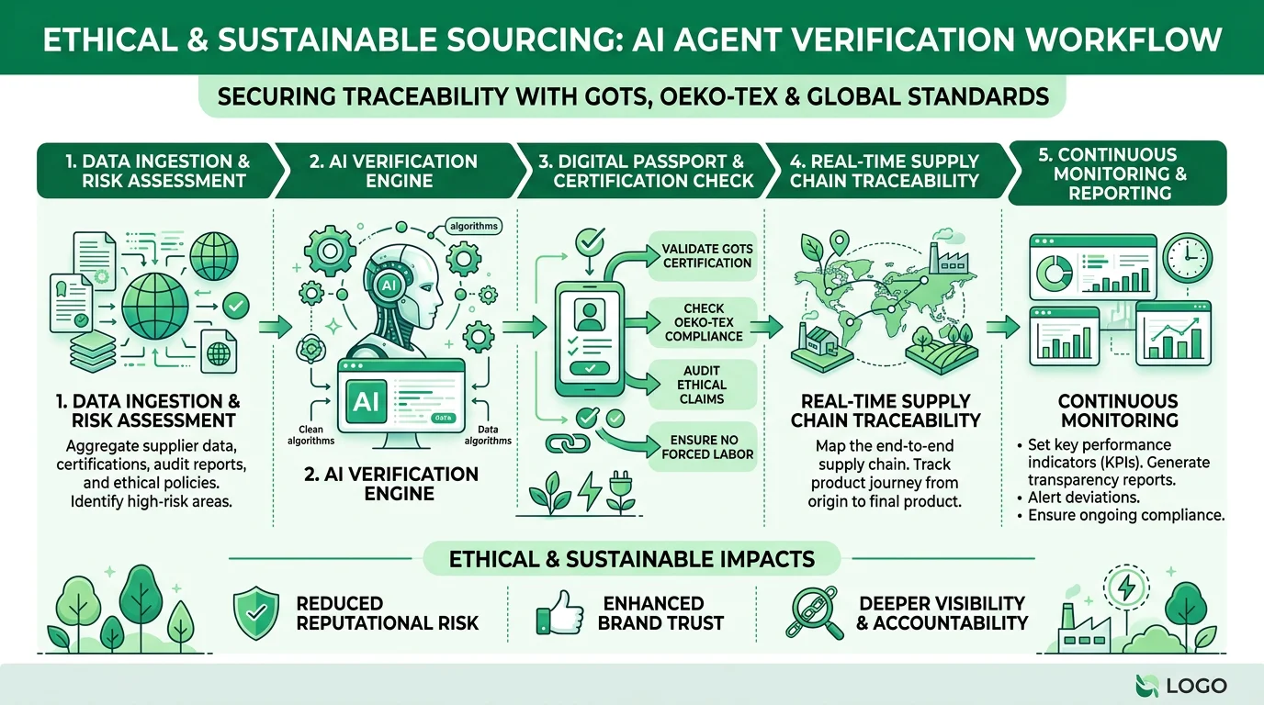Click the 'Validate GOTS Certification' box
click(703, 255)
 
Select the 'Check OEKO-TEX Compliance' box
click(703, 322)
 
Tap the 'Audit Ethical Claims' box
click(703, 385)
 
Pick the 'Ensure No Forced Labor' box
click(703, 447)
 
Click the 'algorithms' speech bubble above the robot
click(473, 226)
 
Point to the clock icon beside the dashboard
click(1187, 257)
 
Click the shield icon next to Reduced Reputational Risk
click(256, 612)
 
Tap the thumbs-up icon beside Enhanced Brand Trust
click(559, 612)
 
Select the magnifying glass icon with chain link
click(814, 612)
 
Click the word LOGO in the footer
click(1196, 686)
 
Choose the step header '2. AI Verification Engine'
click(394, 171)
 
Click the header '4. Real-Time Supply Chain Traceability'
click(885, 171)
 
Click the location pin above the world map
click(840, 243)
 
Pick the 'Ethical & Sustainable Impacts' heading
click(631, 559)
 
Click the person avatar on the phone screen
click(589, 314)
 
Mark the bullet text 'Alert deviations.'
click(1083, 498)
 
